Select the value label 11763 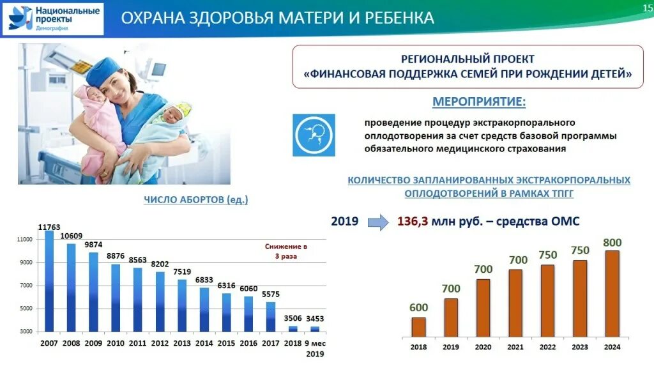[49, 227]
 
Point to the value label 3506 [293, 318]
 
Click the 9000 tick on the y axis [24, 262]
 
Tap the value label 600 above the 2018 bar [418, 307]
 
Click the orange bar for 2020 [483, 307]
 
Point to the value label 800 [611, 242]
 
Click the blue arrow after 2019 [378, 222]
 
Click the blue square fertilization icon [314, 135]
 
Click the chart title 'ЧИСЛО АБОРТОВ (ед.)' [195, 200]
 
